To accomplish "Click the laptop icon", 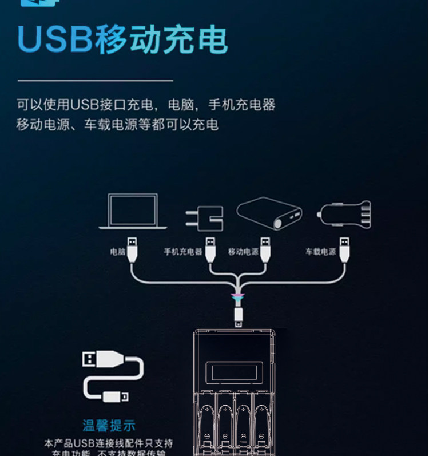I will point(133,211).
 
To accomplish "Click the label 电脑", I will point(117,251).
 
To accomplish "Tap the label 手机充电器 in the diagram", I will point(183,251).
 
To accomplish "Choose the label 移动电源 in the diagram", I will point(243,251).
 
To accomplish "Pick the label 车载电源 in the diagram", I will point(320,251).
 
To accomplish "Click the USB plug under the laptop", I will point(132,249).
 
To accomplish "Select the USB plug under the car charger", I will point(344,249).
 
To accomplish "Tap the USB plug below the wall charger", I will point(210,249).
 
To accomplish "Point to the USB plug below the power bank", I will point(265,249).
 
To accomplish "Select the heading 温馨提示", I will point(109,425).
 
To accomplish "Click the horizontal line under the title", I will point(95,81).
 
